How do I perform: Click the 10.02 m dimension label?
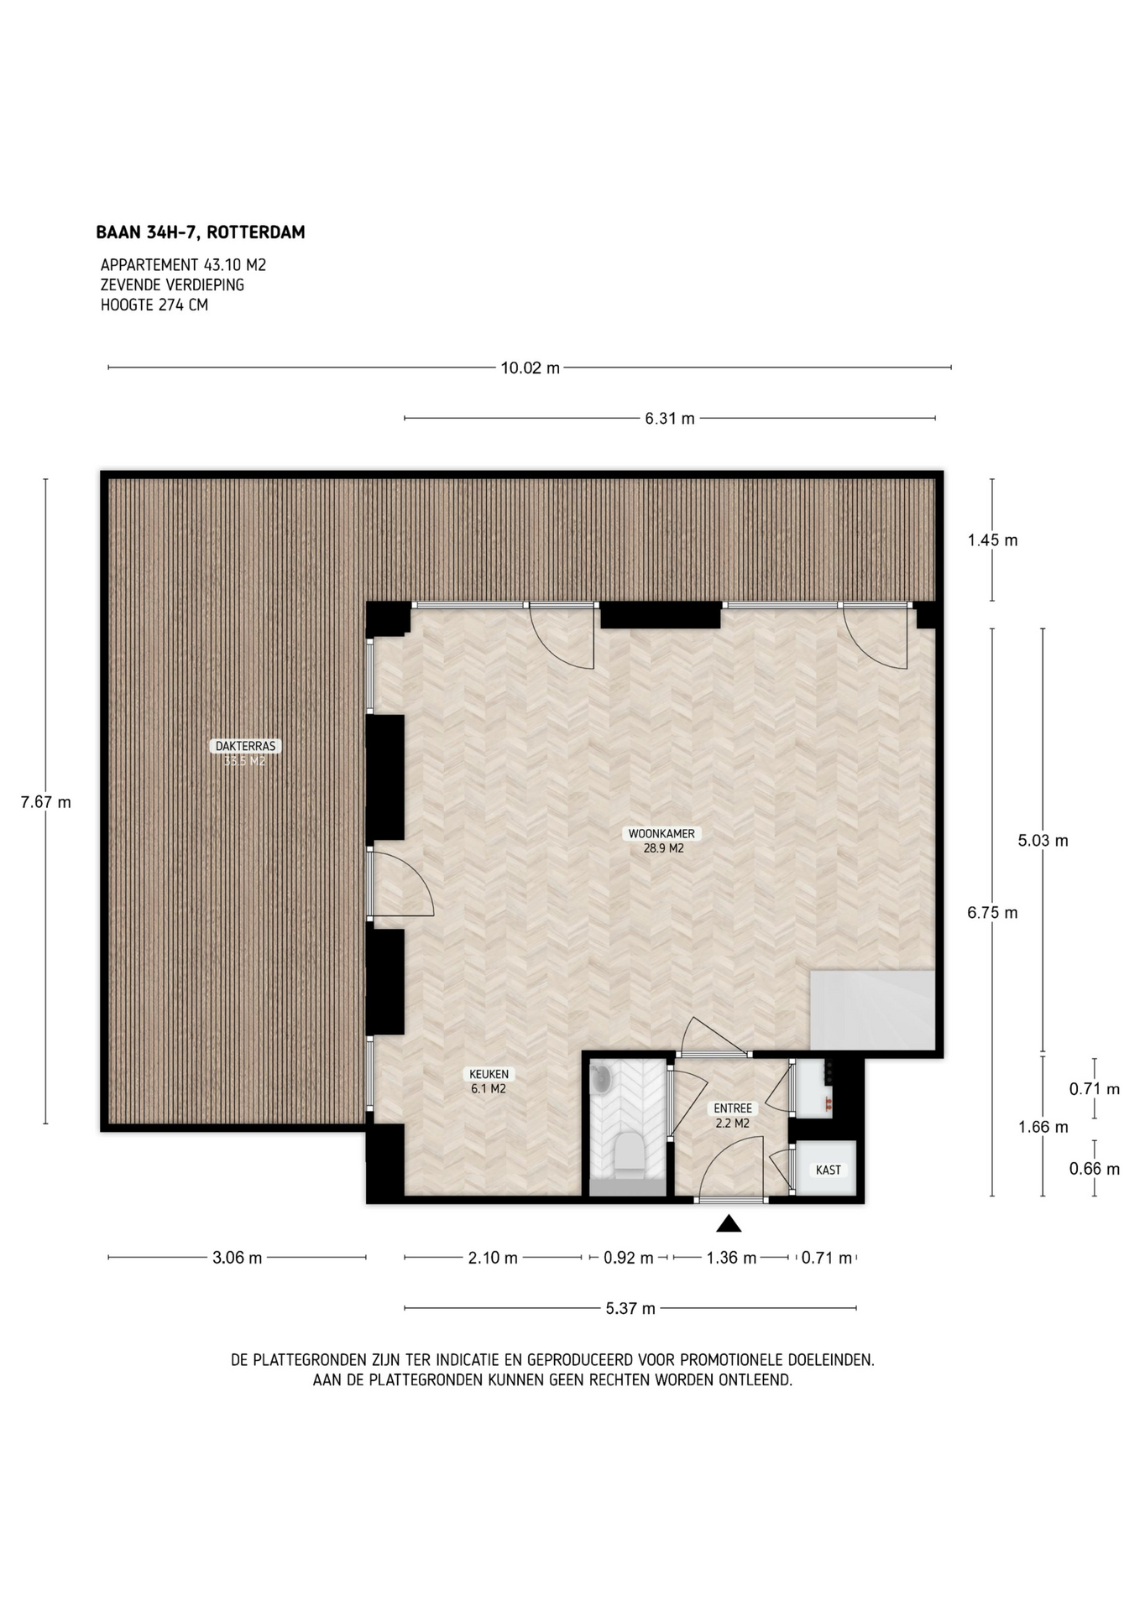530,368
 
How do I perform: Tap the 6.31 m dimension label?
670,418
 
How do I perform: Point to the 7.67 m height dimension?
45,802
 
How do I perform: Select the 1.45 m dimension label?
992,540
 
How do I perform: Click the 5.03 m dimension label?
1043,840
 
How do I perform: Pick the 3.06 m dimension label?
237,1257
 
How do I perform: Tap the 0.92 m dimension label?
628,1257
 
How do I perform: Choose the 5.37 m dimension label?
630,1307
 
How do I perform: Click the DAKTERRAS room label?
245,745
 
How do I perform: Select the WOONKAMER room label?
662,834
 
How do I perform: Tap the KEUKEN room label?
488,1074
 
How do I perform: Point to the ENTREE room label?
733,1108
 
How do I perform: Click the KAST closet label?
828,1170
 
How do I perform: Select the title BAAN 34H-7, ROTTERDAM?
201,232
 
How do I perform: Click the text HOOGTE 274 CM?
154,305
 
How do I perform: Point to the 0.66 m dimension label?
1094,1169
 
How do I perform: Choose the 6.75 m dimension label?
992,913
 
